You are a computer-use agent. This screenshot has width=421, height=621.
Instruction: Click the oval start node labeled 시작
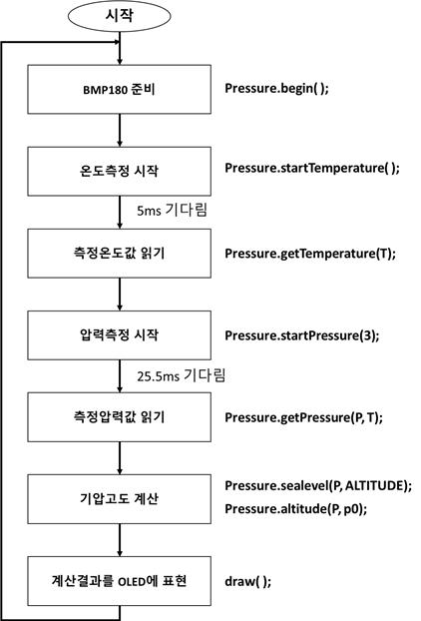point(120,16)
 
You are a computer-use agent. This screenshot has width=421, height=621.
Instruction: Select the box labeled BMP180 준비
point(119,90)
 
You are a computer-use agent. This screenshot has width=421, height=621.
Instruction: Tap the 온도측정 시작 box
point(119,171)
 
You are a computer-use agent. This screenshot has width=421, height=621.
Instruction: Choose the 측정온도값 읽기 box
point(119,253)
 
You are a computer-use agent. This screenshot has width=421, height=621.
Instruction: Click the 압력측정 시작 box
point(119,335)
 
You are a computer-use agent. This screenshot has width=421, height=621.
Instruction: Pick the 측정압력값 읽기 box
point(119,417)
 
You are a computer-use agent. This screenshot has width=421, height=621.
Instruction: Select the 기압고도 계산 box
point(119,499)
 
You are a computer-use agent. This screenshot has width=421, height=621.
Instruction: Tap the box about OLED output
point(119,581)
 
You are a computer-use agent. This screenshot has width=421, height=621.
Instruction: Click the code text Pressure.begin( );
point(276,88)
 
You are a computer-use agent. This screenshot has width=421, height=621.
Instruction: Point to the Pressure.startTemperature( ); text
point(312,169)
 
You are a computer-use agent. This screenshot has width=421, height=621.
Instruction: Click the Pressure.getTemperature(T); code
point(310,254)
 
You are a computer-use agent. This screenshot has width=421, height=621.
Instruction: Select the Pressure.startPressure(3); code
point(302,335)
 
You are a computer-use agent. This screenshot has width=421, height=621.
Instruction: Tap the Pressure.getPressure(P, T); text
point(304,418)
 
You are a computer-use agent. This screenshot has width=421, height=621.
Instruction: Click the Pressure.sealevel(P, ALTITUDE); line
point(318,486)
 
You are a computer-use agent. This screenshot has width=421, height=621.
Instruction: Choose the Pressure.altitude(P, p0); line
point(296,509)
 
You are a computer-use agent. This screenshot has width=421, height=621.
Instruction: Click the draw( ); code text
point(248,582)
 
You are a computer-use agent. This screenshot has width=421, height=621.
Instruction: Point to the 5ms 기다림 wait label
point(173,210)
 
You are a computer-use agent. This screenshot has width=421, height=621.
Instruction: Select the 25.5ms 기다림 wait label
point(182,375)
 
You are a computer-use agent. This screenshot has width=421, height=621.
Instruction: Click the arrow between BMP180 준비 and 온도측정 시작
point(120,131)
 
